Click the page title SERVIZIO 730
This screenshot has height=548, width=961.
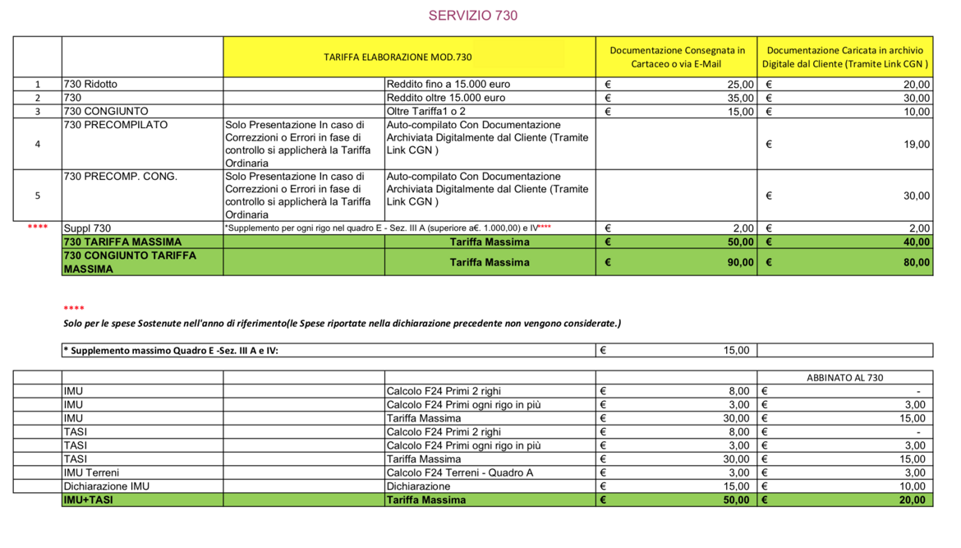(473, 16)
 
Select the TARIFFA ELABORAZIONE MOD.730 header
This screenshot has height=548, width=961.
(398, 57)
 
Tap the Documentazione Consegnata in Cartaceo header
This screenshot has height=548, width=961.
(677, 57)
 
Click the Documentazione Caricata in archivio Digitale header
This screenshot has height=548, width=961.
(845, 57)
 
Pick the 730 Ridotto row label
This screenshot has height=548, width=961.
(90, 84)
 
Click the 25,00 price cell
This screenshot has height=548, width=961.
(740, 84)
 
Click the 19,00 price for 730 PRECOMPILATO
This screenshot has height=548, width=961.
(916, 144)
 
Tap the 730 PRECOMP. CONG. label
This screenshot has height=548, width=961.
(120, 177)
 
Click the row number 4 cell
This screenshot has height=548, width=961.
(38, 144)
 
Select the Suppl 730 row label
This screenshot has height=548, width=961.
(87, 228)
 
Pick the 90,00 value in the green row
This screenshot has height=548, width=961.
(739, 263)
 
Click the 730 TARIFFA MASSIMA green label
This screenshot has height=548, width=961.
(122, 242)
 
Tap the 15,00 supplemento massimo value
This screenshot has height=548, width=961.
(735, 350)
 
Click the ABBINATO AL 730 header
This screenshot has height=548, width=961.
(844, 378)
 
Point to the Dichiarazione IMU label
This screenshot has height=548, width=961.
(107, 486)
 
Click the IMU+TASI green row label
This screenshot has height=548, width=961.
(89, 500)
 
